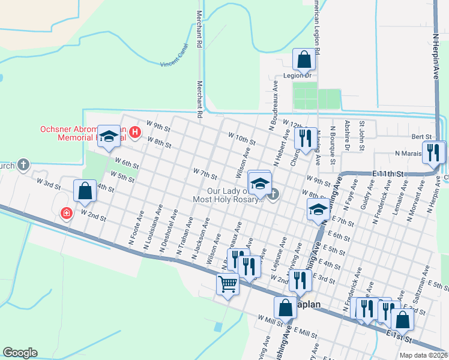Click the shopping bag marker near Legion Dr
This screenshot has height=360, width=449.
304,60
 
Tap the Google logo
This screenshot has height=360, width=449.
20,353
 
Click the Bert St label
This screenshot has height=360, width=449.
418,137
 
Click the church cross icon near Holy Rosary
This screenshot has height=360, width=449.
274,194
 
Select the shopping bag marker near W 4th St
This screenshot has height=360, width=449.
85,191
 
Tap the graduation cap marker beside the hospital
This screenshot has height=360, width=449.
109,137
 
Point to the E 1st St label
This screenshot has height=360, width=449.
399,335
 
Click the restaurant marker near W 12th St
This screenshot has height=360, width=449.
305,139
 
